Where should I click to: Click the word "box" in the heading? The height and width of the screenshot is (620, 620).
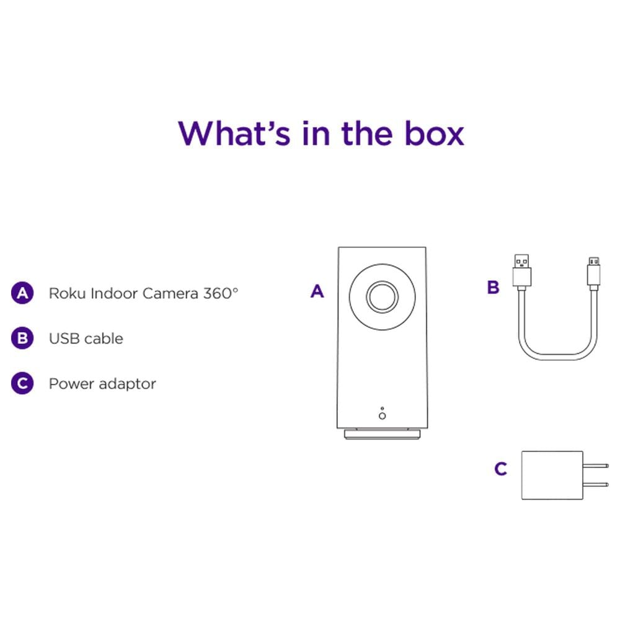[x=434, y=133]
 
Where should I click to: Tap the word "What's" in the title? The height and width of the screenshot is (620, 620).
[x=234, y=133]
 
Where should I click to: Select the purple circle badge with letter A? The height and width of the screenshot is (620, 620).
[x=22, y=293]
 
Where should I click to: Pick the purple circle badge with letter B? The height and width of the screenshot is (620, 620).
[x=22, y=338]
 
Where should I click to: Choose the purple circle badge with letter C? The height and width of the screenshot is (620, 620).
[x=22, y=383]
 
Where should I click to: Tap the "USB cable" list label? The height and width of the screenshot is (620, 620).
[x=86, y=339]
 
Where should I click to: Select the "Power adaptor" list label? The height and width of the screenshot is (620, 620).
[x=102, y=384]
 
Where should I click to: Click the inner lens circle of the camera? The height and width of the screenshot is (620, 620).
[x=382, y=296]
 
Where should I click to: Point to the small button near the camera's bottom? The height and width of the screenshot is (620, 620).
[x=382, y=415]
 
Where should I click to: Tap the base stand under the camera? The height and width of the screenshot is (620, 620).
[x=382, y=434]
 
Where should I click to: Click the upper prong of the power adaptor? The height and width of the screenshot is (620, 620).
[x=595, y=466]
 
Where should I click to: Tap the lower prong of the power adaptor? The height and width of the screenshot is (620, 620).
[x=595, y=484]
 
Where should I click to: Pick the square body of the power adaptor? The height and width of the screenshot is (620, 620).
[x=552, y=476]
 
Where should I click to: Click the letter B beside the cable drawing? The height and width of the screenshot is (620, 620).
[x=493, y=288]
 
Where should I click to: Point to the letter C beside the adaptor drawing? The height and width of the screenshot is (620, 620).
[x=500, y=469]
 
